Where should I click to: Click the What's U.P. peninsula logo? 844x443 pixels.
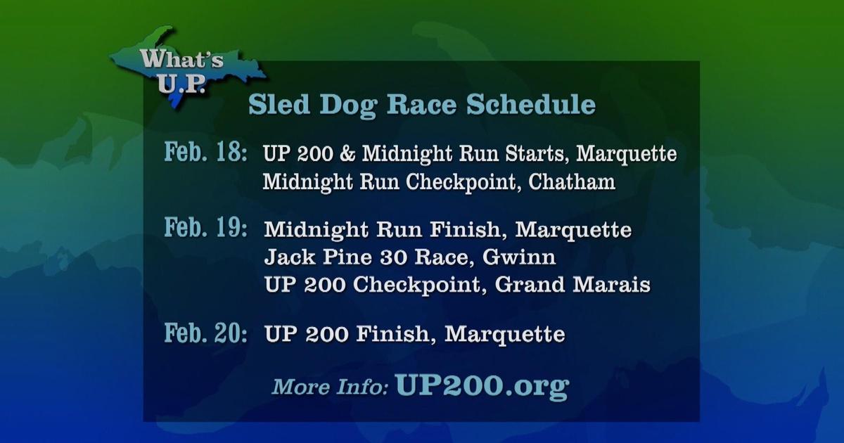coord(186,68)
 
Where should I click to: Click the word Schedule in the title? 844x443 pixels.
coord(531,104)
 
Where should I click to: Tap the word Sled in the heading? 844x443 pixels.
coord(279,104)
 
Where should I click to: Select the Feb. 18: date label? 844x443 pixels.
coord(205,152)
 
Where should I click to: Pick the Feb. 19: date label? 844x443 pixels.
coord(205,228)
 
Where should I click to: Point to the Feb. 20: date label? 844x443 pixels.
coord(205,333)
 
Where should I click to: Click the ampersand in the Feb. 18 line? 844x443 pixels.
coord(347,153)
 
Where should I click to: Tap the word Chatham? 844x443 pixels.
coord(572,181)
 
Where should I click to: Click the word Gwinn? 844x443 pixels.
coord(519,257)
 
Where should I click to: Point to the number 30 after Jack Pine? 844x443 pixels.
coord(393,257)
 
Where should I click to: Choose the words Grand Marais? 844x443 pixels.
coord(573,284)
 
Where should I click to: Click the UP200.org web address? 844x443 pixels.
coord(482,386)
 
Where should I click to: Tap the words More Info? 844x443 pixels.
coord(330,387)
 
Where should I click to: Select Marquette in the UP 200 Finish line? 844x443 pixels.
coord(505,334)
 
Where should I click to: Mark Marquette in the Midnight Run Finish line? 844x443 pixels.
coord(573,229)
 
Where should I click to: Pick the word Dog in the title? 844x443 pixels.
coord(349,105)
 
